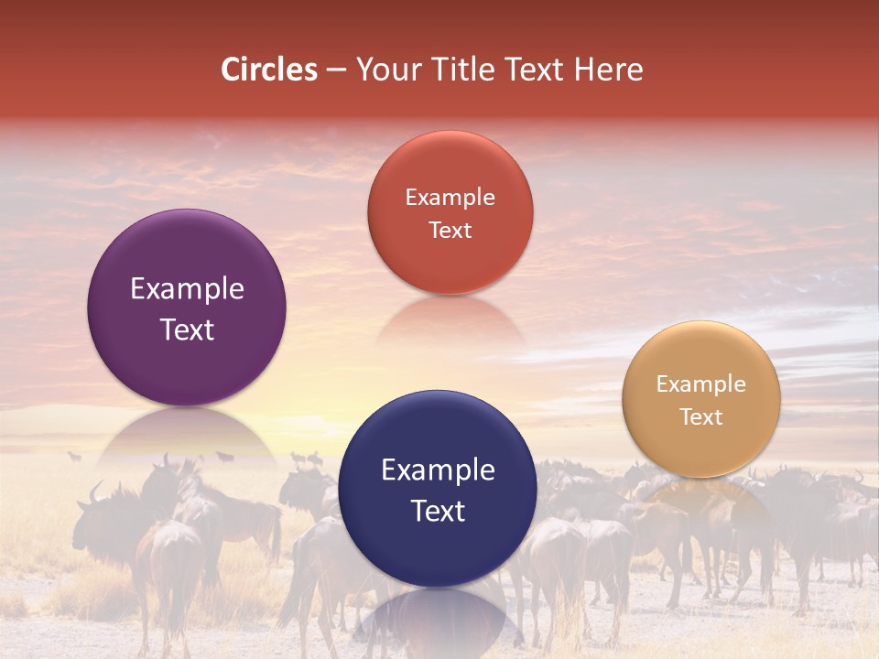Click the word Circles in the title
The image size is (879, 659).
tap(268, 70)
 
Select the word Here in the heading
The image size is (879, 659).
tap(608, 70)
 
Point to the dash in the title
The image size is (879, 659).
tap(336, 70)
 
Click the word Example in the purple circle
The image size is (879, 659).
tap(187, 289)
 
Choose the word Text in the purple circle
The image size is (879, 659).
tap(187, 329)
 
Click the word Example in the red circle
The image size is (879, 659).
tap(450, 198)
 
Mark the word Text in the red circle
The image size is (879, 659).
tap(450, 230)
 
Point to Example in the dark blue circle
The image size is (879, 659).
tap(438, 470)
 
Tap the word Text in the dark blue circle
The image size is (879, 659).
tap(438, 511)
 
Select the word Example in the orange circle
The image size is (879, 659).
tap(701, 384)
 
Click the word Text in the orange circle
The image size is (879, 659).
tap(701, 416)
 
